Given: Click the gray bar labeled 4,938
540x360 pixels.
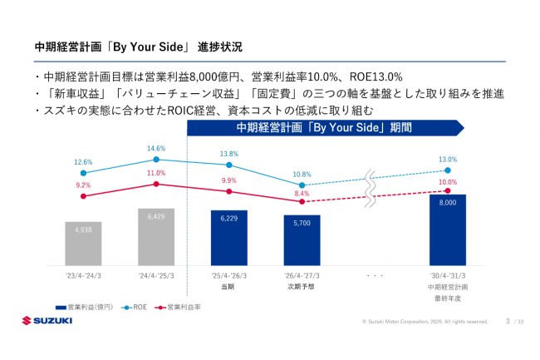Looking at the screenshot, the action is (83, 244).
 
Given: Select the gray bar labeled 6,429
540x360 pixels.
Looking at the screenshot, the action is (156, 237).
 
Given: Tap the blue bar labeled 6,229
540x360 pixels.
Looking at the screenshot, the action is (229, 238).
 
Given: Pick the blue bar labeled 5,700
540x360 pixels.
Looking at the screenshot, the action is (302, 240).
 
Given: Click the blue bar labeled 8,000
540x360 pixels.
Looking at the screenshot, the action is (448, 230).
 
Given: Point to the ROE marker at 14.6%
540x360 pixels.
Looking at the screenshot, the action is (156, 160).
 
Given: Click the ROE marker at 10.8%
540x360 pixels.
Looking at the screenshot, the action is (302, 185).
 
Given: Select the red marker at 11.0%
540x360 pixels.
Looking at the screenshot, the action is (156, 185).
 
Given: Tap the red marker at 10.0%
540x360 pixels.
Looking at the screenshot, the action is (448, 191).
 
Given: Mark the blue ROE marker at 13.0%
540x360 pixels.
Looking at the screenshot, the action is (448, 170).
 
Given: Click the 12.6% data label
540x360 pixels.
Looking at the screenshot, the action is (83, 162).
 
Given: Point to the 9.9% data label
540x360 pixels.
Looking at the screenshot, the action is (229, 180).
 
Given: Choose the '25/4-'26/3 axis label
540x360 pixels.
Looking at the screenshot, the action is (229, 276).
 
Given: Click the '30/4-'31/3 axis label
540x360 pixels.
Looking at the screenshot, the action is (448, 276).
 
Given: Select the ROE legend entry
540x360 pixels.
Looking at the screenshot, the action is (135, 308).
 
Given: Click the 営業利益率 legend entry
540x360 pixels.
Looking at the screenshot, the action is (178, 308).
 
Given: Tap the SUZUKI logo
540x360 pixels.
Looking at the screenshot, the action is (47, 321).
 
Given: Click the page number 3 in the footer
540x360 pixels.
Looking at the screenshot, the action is (508, 321).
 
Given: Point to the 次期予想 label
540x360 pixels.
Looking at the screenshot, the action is (301, 287).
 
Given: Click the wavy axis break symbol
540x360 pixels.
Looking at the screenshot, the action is (371, 189).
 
